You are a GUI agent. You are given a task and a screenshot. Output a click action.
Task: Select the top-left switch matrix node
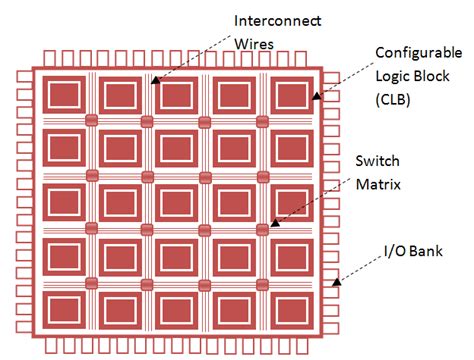point(91,121)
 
